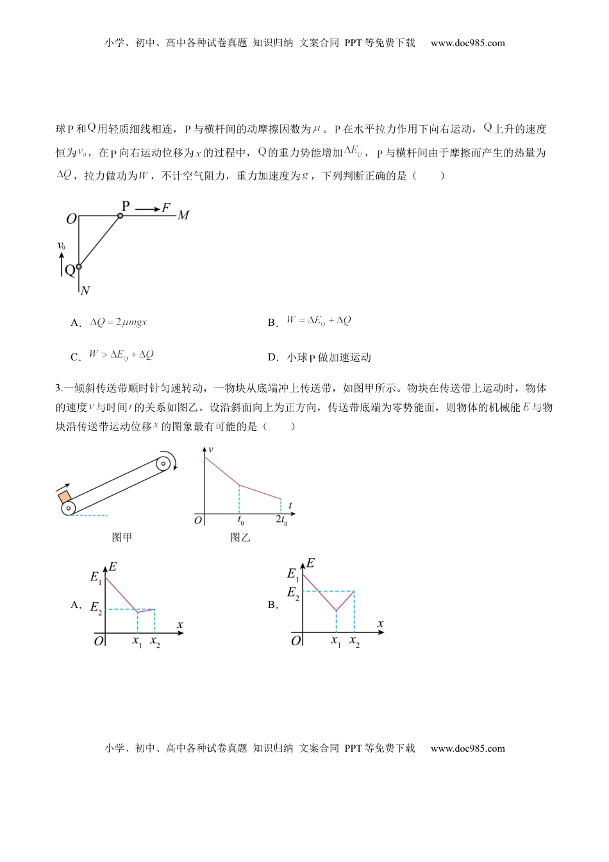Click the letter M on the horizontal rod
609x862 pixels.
pyautogui.click(x=183, y=216)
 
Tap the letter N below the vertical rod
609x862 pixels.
pyautogui.click(x=85, y=291)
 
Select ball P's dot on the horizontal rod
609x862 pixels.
pyautogui.click(x=120, y=216)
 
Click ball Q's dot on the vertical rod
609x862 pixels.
pyautogui.click(x=78, y=266)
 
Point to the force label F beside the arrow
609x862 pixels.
pyautogui.click(x=166, y=208)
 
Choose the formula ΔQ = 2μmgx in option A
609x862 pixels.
pyautogui.click(x=119, y=322)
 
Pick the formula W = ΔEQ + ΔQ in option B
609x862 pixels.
pyautogui.click(x=319, y=321)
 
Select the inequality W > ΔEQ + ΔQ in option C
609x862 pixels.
pyautogui.click(x=121, y=355)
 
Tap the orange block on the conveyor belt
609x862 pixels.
pyautogui.click(x=65, y=497)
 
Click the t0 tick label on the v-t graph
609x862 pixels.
pyautogui.click(x=240, y=521)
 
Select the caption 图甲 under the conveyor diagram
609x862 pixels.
pyautogui.click(x=122, y=537)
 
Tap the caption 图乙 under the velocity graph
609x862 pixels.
pyautogui.click(x=240, y=537)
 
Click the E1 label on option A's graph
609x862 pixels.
pyautogui.click(x=96, y=577)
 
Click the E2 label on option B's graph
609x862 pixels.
pyautogui.click(x=293, y=593)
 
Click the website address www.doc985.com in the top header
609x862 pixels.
pyautogui.click(x=467, y=43)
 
